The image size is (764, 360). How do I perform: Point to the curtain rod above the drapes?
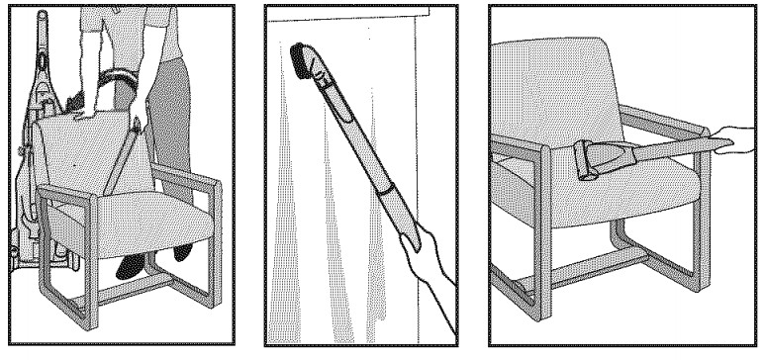(356, 18)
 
